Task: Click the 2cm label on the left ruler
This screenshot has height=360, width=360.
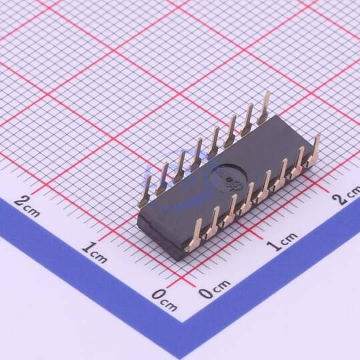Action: coord(27,207)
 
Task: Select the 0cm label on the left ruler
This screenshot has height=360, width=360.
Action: coord(165,299)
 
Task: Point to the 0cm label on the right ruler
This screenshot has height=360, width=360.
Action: coord(214,289)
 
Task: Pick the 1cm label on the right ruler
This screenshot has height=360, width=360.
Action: coord(283,242)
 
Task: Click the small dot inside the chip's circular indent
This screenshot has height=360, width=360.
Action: coord(229,180)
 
